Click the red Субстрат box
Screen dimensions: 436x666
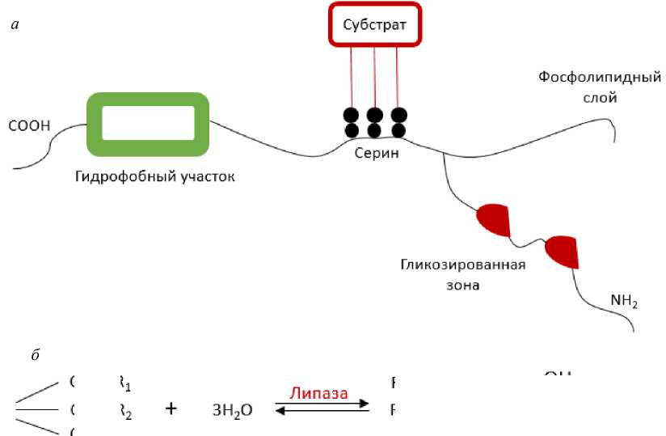coord(374,25)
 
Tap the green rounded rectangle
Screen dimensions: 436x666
coord(148,124)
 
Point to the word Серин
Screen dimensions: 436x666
coord(377,154)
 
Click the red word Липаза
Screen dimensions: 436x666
coord(320,395)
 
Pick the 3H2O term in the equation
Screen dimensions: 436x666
coord(232,410)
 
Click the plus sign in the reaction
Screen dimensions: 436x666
coord(171,409)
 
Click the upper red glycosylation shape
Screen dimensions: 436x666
coord(492,220)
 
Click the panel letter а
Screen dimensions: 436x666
coord(15,25)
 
